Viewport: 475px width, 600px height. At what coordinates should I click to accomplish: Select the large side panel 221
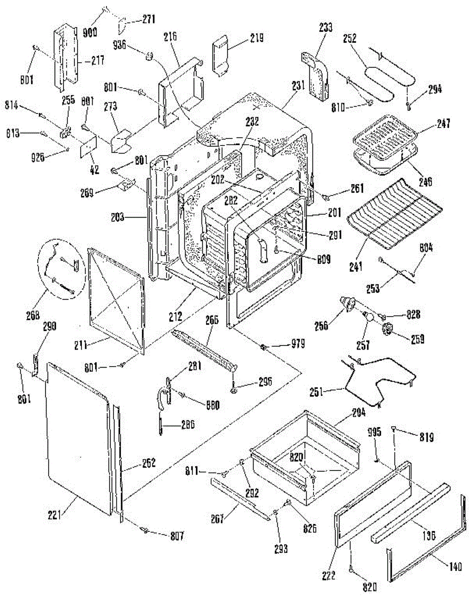click(77, 435)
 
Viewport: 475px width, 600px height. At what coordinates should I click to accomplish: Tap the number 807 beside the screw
click(176, 536)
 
